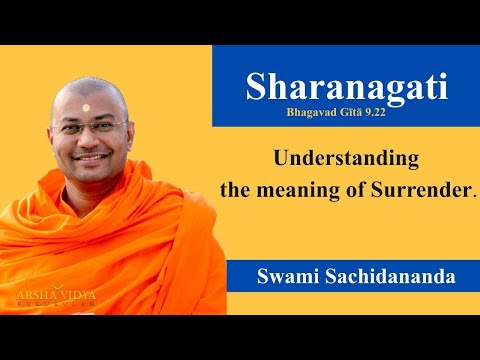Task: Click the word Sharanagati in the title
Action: [x=345, y=88]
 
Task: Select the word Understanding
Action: [x=346, y=158]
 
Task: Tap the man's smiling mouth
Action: [x=93, y=157]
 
